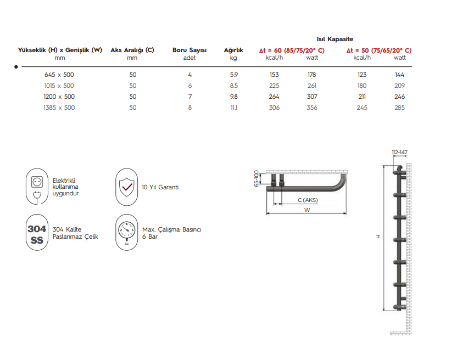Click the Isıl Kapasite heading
tap(335, 39)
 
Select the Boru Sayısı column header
tap(190, 50)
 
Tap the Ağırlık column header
tap(233, 50)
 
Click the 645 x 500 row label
tap(59, 75)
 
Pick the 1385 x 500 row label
tap(59, 108)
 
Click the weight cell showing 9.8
tap(234, 97)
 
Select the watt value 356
tap(312, 108)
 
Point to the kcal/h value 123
tap(362, 75)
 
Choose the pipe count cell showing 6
tap(190, 86)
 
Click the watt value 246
tap(400, 97)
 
